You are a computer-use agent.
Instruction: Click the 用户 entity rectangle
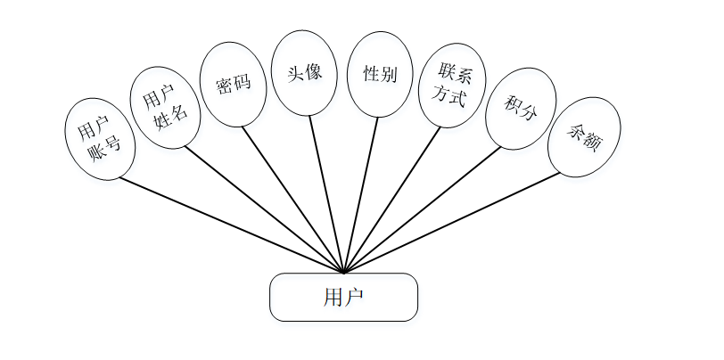click(x=343, y=297)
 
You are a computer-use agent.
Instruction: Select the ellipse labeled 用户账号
click(x=101, y=139)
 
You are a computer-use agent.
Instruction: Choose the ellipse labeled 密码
click(x=234, y=85)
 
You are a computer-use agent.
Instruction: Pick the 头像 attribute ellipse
click(x=304, y=73)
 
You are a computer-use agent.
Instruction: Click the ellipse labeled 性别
click(x=380, y=74)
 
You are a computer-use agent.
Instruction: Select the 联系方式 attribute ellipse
click(x=452, y=85)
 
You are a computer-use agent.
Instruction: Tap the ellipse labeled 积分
click(x=521, y=108)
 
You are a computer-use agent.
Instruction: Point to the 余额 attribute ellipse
click(x=584, y=136)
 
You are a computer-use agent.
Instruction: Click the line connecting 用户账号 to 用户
click(x=231, y=225)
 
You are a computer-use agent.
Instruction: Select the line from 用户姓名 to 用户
click(x=264, y=209)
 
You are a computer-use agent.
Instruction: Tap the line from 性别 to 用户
click(x=361, y=194)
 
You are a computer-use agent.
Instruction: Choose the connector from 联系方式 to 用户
click(x=392, y=199)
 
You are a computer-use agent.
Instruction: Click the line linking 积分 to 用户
click(x=423, y=209)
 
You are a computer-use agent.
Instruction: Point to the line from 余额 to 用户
click(x=452, y=222)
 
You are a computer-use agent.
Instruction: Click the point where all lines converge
click(x=343, y=272)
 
